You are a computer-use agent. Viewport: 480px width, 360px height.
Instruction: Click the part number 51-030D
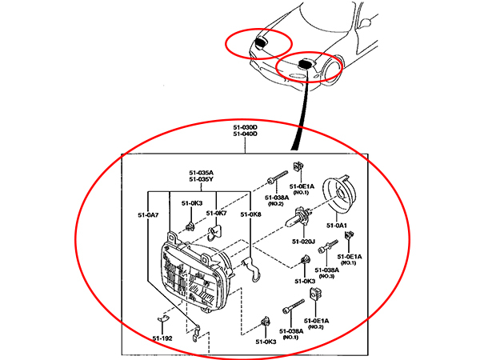[x=244, y=126]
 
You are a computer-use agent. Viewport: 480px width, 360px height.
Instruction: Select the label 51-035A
[x=201, y=172]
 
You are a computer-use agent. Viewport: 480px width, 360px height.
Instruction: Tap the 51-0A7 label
[x=148, y=214]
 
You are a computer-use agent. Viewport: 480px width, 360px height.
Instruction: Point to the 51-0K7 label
[x=217, y=214]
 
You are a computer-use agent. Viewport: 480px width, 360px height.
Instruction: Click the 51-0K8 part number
[x=250, y=214]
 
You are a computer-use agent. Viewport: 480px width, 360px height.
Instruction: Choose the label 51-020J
[x=303, y=241]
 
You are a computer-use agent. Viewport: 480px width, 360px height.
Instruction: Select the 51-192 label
[x=163, y=339]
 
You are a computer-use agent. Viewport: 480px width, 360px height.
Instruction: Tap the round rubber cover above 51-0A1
[x=339, y=192]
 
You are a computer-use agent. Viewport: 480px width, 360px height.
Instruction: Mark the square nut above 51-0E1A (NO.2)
[x=314, y=298]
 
